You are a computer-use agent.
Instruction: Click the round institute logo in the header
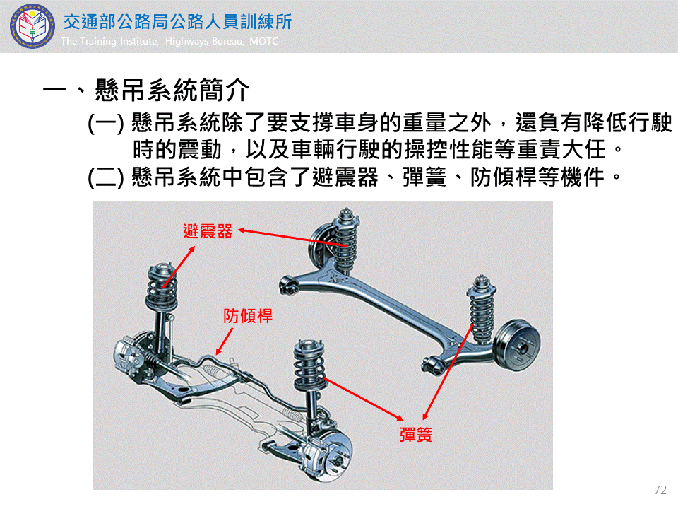[32, 26]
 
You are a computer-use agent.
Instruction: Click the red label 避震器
[208, 231]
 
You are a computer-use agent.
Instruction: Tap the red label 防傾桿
[248, 316]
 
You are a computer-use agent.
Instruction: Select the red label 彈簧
[416, 435]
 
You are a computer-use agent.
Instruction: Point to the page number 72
[660, 490]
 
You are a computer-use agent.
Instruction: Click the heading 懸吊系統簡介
[172, 90]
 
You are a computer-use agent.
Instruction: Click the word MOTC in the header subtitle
[263, 41]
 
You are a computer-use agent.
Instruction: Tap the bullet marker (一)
[105, 123]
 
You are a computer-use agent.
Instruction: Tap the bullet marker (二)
[105, 177]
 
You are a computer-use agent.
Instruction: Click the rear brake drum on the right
[517, 345]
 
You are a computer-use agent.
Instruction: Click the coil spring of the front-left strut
[162, 288]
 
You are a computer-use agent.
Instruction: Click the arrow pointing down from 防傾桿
[225, 341]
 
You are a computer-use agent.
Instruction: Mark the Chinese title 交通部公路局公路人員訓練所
[178, 22]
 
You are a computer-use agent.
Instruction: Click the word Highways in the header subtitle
[188, 42]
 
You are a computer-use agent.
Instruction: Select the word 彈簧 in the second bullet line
[424, 177]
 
